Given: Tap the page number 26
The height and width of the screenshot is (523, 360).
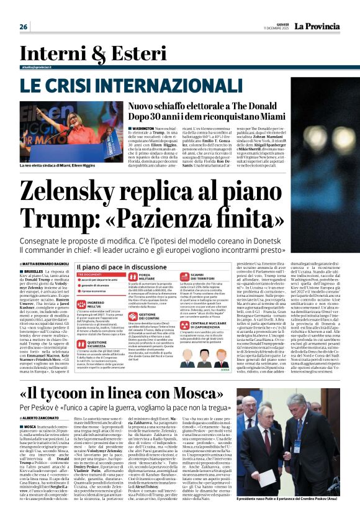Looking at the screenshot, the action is coord(24,27).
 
